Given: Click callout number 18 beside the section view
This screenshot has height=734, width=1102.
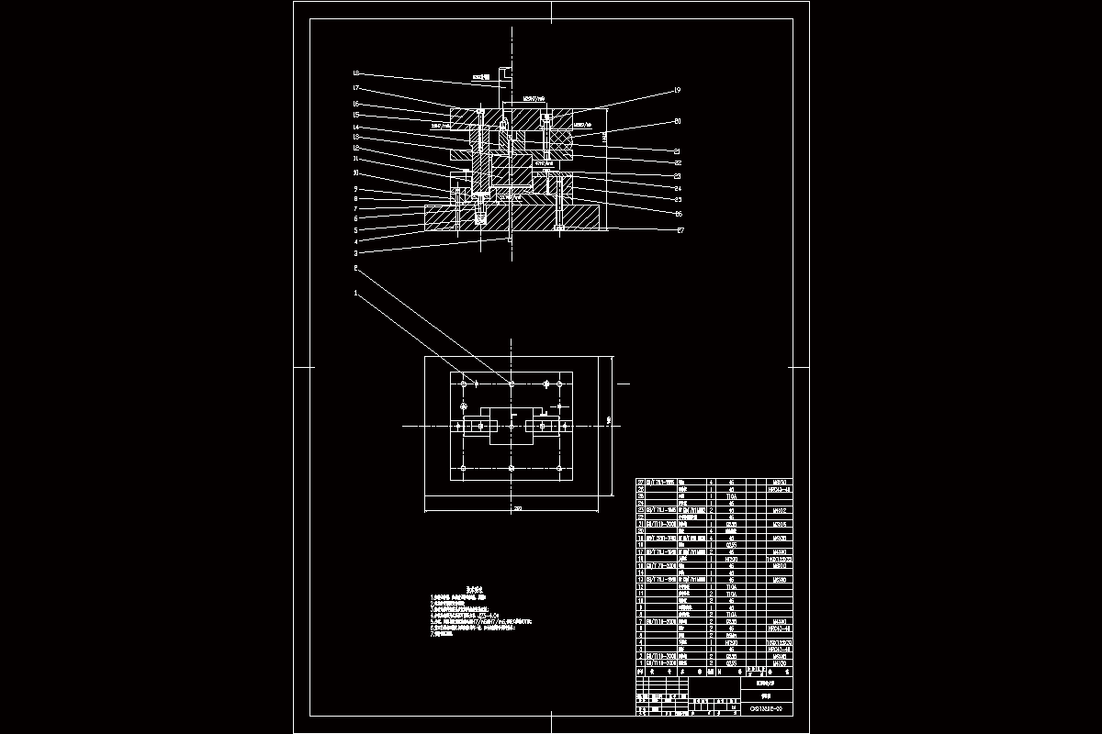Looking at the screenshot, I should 355,73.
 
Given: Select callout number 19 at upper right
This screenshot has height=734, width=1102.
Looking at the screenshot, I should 677,90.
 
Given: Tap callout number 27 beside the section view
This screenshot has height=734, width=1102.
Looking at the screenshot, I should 680,230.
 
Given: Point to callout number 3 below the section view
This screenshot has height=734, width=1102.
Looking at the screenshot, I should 355,252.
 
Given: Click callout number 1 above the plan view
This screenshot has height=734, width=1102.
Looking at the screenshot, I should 355,294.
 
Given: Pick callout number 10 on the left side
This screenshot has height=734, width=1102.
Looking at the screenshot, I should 355,173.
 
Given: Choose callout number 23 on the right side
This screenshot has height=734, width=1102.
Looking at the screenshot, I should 678,175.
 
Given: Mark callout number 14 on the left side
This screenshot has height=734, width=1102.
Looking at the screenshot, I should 355,127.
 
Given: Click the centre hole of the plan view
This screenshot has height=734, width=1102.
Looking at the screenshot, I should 511,426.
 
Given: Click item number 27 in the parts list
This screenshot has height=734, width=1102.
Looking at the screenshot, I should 642,482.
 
